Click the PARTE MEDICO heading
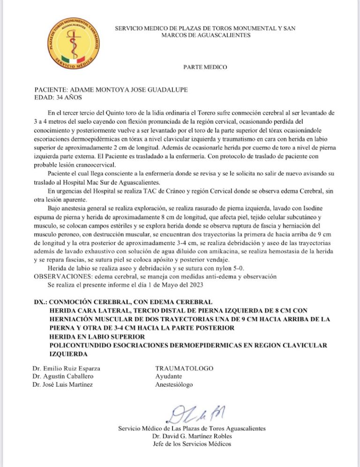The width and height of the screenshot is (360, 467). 205,68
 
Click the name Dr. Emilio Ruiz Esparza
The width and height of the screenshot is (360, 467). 67,369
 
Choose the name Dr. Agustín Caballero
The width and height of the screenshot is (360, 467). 63,377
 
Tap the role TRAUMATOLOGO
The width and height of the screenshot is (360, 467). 184,369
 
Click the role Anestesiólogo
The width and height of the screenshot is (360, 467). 173,385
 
